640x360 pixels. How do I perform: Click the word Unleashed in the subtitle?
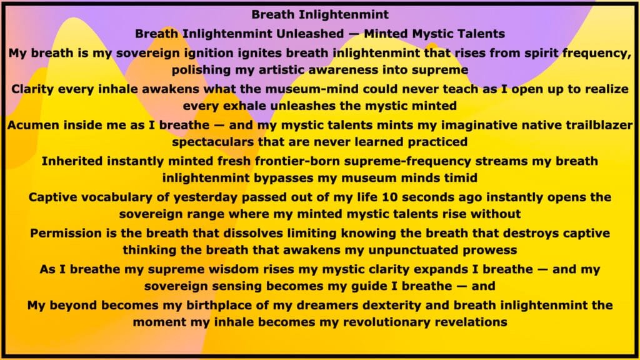[x=310, y=34]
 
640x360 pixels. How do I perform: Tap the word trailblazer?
[x=599, y=125]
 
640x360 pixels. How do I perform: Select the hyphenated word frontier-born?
[x=297, y=161]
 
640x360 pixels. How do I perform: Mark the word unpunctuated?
[x=414, y=250]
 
